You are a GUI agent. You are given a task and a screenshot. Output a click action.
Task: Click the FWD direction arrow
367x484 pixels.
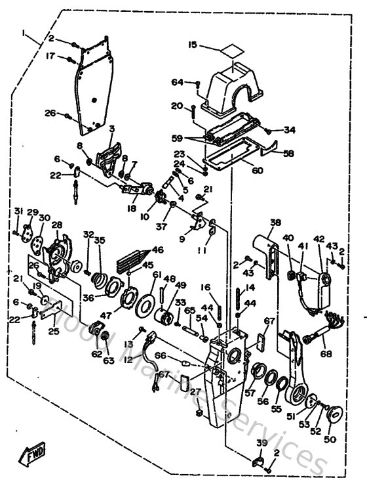click(x=32, y=454)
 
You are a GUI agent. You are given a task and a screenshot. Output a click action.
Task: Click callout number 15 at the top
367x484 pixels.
click(x=192, y=45)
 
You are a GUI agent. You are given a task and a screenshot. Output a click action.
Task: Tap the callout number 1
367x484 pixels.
click(x=24, y=32)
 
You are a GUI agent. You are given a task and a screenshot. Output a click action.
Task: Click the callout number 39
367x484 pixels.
click(x=261, y=443)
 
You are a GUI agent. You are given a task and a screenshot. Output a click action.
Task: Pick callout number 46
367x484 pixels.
click(x=157, y=250)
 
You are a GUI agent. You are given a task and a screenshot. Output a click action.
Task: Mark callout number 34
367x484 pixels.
click(x=290, y=130)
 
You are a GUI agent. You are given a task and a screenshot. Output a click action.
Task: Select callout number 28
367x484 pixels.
click(x=56, y=225)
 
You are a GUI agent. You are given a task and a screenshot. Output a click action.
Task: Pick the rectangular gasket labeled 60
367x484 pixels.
click(x=226, y=155)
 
